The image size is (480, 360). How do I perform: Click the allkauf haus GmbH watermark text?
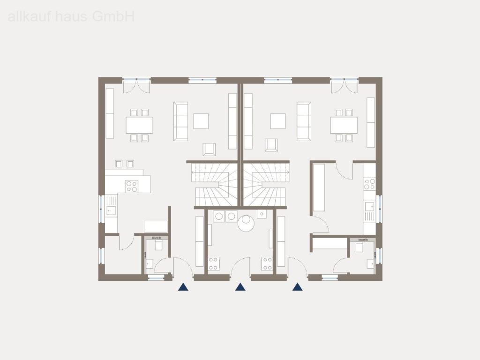pos(71,17)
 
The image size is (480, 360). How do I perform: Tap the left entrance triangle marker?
pos(183,287)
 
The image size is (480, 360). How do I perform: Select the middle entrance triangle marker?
pos(240,287)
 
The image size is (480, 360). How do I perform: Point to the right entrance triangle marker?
pos(297,287)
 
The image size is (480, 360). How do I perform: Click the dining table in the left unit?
pos(139,125)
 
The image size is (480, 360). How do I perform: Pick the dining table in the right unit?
pos(344,125)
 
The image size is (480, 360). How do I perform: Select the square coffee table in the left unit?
pos(201,121)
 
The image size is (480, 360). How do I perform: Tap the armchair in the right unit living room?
pos(271,145)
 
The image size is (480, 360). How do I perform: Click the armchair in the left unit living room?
pos(210,149)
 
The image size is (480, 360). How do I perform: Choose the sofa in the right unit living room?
pos(304,121)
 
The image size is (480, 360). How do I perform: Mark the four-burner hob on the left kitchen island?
pos(132,186)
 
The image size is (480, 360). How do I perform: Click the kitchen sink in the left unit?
pos(111,210)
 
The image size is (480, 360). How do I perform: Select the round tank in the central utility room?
pos(245,223)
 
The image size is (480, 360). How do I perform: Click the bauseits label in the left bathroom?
pos(156,238)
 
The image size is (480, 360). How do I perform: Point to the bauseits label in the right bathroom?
pos(362,240)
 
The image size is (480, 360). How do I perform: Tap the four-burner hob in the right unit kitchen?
pos(369,184)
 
